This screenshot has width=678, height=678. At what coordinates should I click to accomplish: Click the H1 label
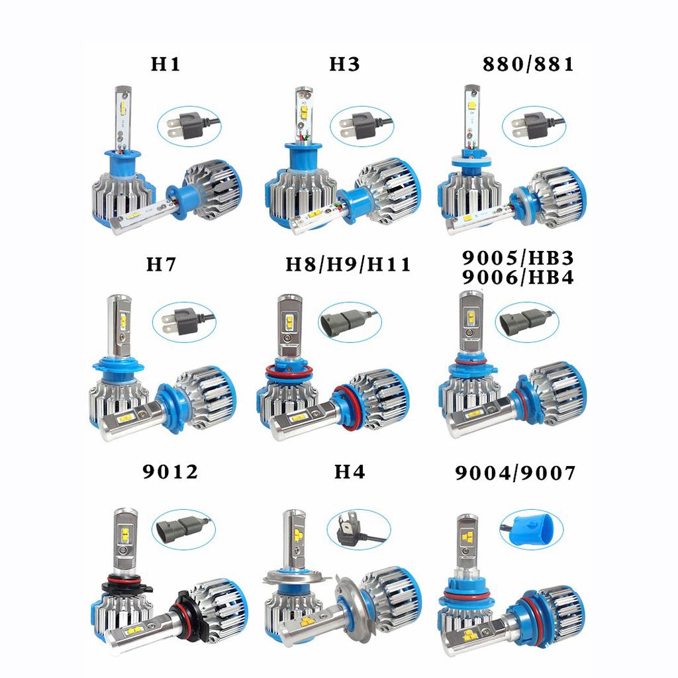[x=166, y=64]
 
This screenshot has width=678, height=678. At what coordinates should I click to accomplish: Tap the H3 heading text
[x=344, y=64]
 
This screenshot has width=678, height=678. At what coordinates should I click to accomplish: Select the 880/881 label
[x=528, y=64]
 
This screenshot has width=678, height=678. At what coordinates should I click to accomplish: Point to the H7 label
[x=162, y=265]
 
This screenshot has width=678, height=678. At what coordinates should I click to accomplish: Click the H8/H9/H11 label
[x=348, y=265]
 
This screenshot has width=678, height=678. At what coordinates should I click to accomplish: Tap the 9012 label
[x=170, y=472]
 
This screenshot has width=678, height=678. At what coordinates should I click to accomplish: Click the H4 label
[x=350, y=472]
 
